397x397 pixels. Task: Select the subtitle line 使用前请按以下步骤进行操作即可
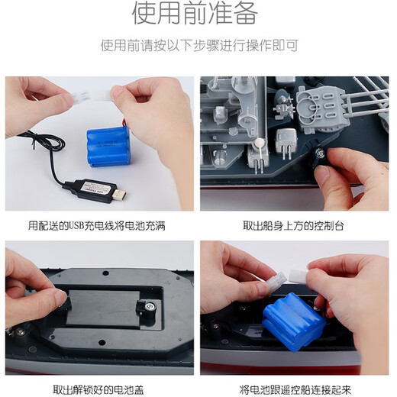(198, 46)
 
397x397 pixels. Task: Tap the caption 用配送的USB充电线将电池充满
(97, 226)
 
